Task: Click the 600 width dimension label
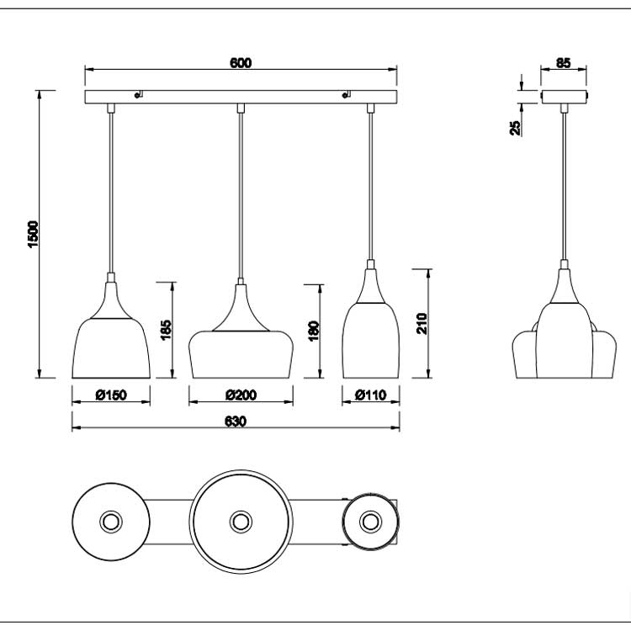click(241, 63)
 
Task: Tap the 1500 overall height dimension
click(33, 234)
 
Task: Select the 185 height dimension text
click(166, 330)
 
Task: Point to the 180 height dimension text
click(314, 331)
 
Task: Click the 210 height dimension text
click(422, 323)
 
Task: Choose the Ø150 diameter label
click(111, 395)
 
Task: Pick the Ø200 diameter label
click(241, 395)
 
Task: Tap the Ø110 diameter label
click(371, 395)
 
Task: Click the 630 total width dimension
click(235, 422)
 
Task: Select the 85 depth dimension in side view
click(564, 63)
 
